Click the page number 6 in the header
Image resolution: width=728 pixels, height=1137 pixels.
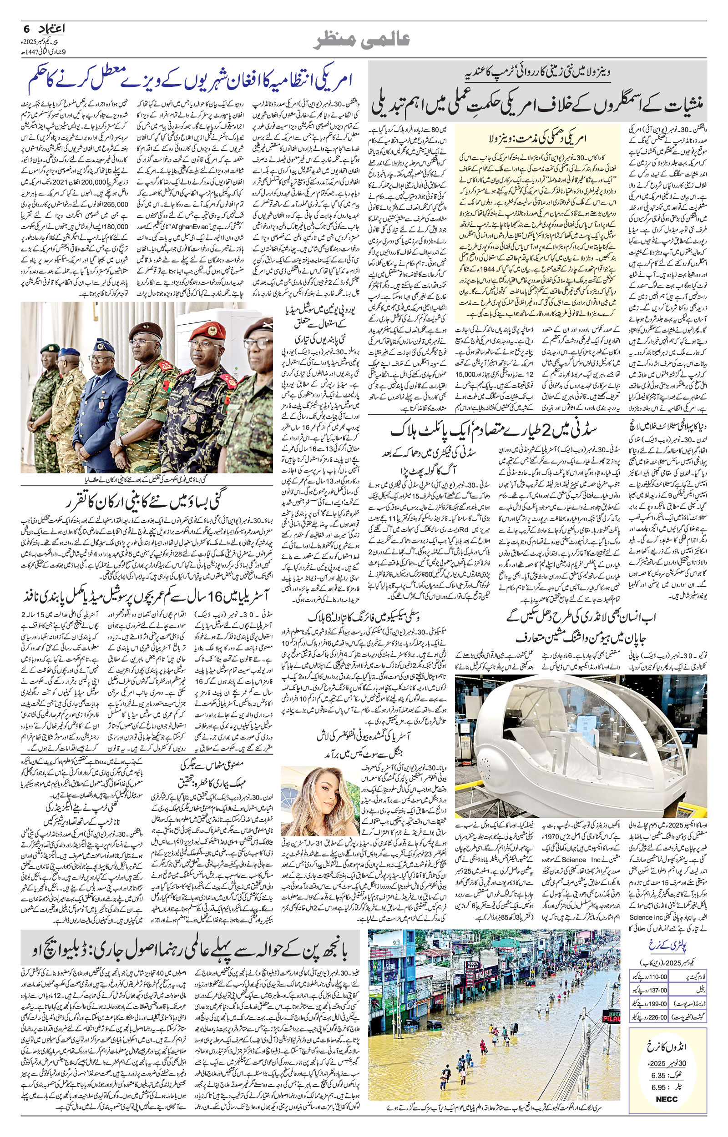tap(27, 28)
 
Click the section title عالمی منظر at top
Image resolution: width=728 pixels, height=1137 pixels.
tap(363, 41)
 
